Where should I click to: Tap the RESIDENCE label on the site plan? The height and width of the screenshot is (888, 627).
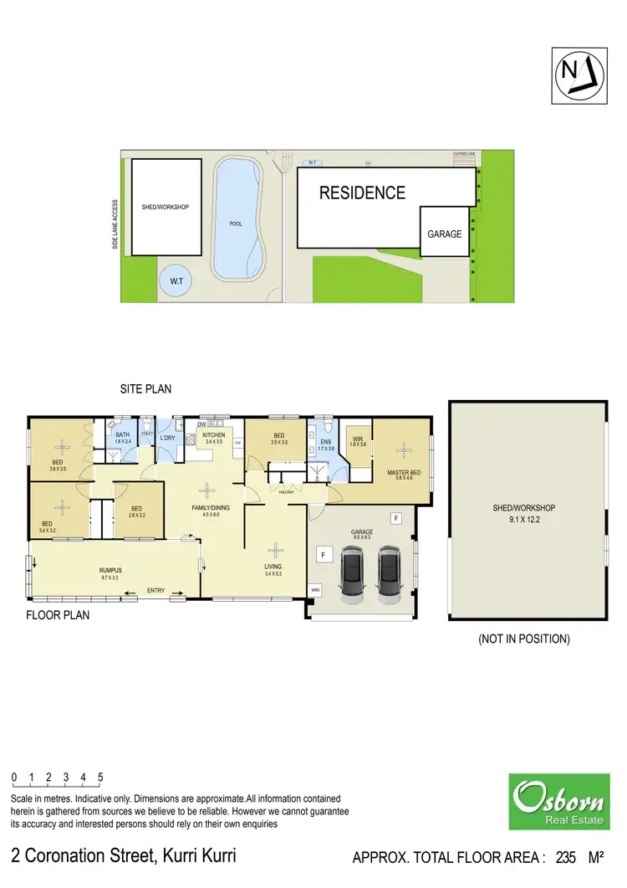coord(363,192)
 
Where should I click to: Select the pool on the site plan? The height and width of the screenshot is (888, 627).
coord(239,219)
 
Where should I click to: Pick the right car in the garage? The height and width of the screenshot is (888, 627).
coord(390,575)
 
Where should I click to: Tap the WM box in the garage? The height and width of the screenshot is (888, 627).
coord(315,590)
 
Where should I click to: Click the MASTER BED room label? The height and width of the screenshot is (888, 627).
coord(404,473)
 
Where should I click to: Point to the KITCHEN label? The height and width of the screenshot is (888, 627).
coord(214,436)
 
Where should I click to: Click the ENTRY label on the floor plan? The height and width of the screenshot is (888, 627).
coord(155,591)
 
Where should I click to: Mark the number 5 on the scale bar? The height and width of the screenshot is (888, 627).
coord(100,778)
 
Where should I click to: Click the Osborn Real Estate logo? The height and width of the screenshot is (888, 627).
coord(558,801)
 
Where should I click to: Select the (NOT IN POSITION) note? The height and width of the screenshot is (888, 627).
coord(524,639)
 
